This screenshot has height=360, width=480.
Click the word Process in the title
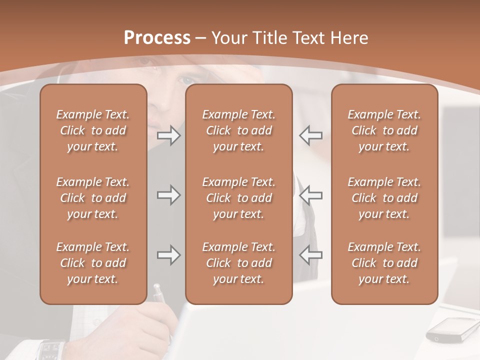pos(157,38)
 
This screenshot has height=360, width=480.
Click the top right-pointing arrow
pos(168,135)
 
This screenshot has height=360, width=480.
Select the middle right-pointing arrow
pos(168,195)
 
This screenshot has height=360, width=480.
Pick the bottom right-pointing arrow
pos(168,255)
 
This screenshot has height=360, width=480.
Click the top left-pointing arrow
pos(310,135)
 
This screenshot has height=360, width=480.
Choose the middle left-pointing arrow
pos(310,195)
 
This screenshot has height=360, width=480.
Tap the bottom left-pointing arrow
pos(310,255)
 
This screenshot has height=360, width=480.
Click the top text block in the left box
pos(93,130)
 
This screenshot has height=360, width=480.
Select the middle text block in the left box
pos(93,198)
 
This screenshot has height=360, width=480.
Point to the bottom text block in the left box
pos(93,263)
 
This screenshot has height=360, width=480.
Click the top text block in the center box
pos(239,130)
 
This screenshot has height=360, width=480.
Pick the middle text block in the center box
pos(239,198)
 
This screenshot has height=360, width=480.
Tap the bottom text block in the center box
pos(239,263)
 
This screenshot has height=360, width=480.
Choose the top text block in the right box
pos(384,130)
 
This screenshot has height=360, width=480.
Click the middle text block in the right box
pos(384,198)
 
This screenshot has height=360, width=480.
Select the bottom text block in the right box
pos(384,263)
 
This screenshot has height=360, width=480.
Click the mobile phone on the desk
pos(447,330)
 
